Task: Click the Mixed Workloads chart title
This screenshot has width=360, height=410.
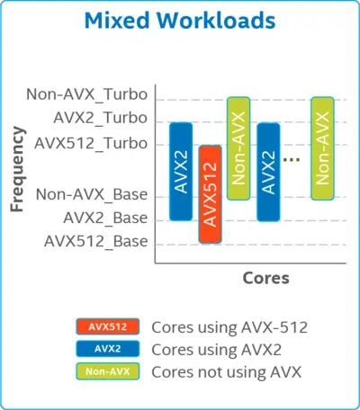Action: pos(180,21)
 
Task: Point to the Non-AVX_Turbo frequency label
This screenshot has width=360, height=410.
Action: pos(87,94)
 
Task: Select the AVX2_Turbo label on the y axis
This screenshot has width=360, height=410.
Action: pos(101,118)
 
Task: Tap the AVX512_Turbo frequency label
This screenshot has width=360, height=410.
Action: pos(91,143)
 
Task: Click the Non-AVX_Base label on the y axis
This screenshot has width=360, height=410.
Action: pos(92,194)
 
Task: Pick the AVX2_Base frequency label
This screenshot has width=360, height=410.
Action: pos(105,218)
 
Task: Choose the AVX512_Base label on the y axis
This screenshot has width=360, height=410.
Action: pos(96,241)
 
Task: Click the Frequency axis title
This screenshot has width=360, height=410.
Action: pos(17,169)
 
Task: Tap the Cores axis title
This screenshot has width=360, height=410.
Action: pos(265,278)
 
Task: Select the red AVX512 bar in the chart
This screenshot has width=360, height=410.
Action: pos(211,194)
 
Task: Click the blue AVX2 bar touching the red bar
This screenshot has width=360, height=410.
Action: pos(181,172)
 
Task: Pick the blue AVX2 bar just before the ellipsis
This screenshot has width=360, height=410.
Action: pos(268,172)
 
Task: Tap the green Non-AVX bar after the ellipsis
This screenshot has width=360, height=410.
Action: pos(322,148)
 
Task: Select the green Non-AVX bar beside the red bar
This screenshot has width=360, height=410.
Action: pos(238,148)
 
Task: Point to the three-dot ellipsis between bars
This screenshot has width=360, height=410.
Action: pos(292,160)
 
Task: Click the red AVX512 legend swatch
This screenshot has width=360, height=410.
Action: pos(108,326)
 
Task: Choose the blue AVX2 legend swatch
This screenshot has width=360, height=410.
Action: pos(108,349)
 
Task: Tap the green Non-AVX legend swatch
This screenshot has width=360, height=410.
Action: pos(108,371)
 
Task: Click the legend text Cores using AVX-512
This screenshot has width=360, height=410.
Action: pos(229,327)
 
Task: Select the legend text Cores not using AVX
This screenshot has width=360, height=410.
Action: pos(227,372)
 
